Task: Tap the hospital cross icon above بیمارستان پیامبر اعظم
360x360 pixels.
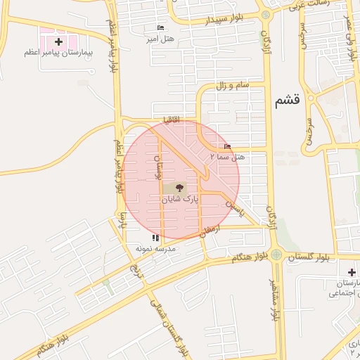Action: point(58,43)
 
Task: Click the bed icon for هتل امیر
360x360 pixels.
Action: point(160,28)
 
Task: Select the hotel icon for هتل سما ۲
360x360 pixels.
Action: point(226,146)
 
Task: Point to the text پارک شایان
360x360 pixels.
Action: point(180,200)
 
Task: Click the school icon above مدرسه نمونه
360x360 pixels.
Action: point(155,239)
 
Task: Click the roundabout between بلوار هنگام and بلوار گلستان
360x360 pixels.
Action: point(276,254)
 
